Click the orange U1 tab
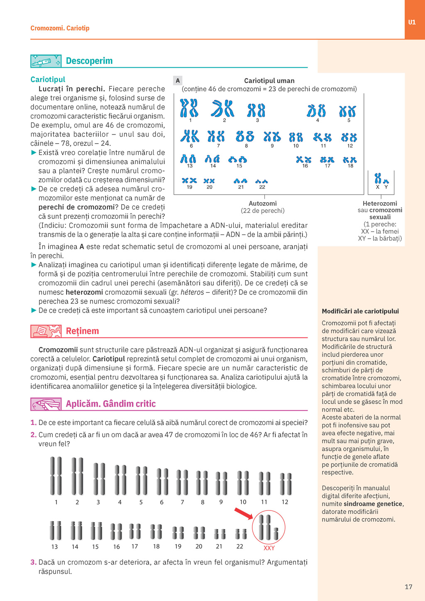pyautogui.click(x=412, y=22)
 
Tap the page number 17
pyautogui.click(x=408, y=586)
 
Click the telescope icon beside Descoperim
pyautogui.click(x=46, y=61)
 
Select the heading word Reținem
pyautogui.click(x=82, y=331)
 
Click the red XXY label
pyautogui.click(x=269, y=548)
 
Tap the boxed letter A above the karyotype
pyautogui.click(x=178, y=81)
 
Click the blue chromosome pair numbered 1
pyautogui.click(x=189, y=108)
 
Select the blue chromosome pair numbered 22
pyautogui.click(x=261, y=181)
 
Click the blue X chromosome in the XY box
pyautogui.click(x=378, y=178)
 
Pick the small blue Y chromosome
pyautogui.click(x=386, y=181)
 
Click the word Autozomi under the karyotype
pyautogui.click(x=262, y=203)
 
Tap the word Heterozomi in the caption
pyautogui.click(x=380, y=203)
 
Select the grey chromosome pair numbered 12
pyautogui.click(x=285, y=484)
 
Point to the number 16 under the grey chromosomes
pyautogui.click(x=117, y=547)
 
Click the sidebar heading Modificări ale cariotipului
pyautogui.click(x=360, y=311)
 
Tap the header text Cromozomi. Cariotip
pyautogui.click(x=60, y=28)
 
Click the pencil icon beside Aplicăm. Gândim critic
pyautogui.click(x=46, y=404)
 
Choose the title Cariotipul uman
pyautogui.click(x=269, y=81)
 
